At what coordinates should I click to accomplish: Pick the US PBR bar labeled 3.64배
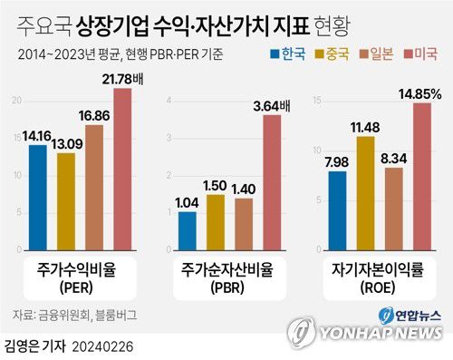tap(272, 182)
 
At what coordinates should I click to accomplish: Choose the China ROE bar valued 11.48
tap(366, 193)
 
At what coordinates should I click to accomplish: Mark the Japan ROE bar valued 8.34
tap(394, 209)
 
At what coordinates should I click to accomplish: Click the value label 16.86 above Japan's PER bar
tap(94, 116)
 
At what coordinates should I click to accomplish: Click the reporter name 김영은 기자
tap(34, 346)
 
